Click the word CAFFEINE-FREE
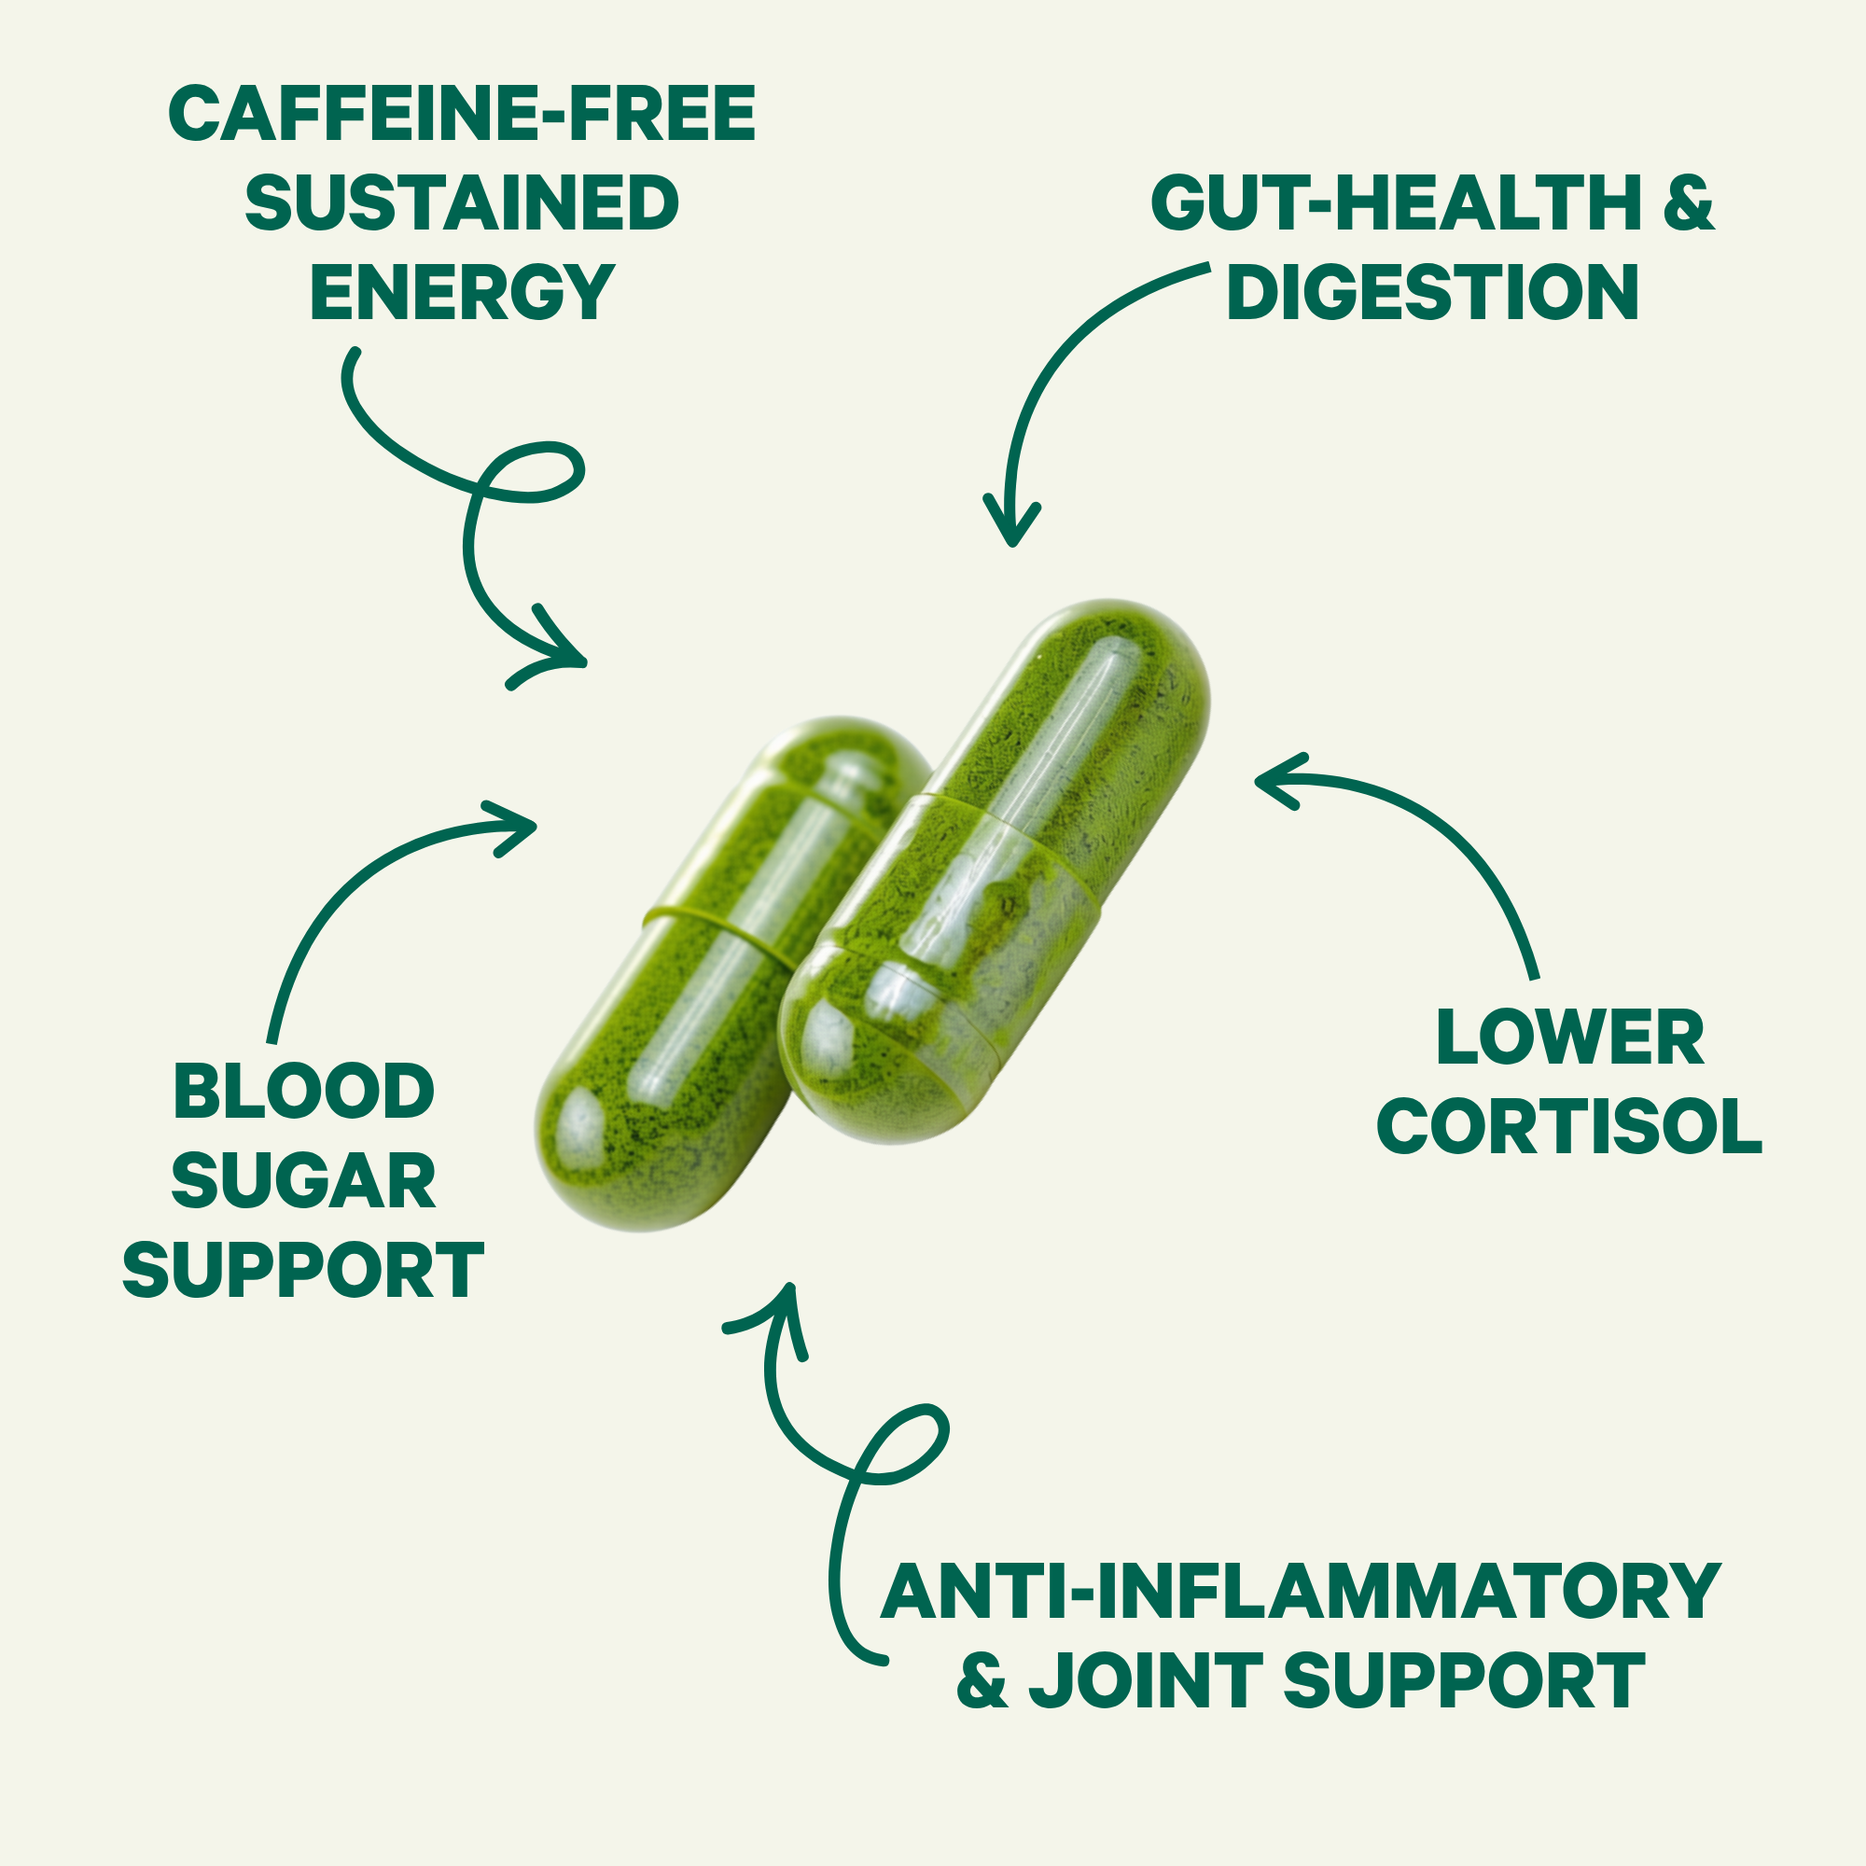click(463, 114)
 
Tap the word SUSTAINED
click(463, 202)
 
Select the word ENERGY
click(463, 292)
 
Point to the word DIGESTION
click(1433, 292)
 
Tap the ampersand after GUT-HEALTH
click(1689, 202)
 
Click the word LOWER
click(1569, 1038)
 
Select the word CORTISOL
click(1569, 1126)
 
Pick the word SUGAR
click(303, 1180)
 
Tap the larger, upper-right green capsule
click(995, 872)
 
